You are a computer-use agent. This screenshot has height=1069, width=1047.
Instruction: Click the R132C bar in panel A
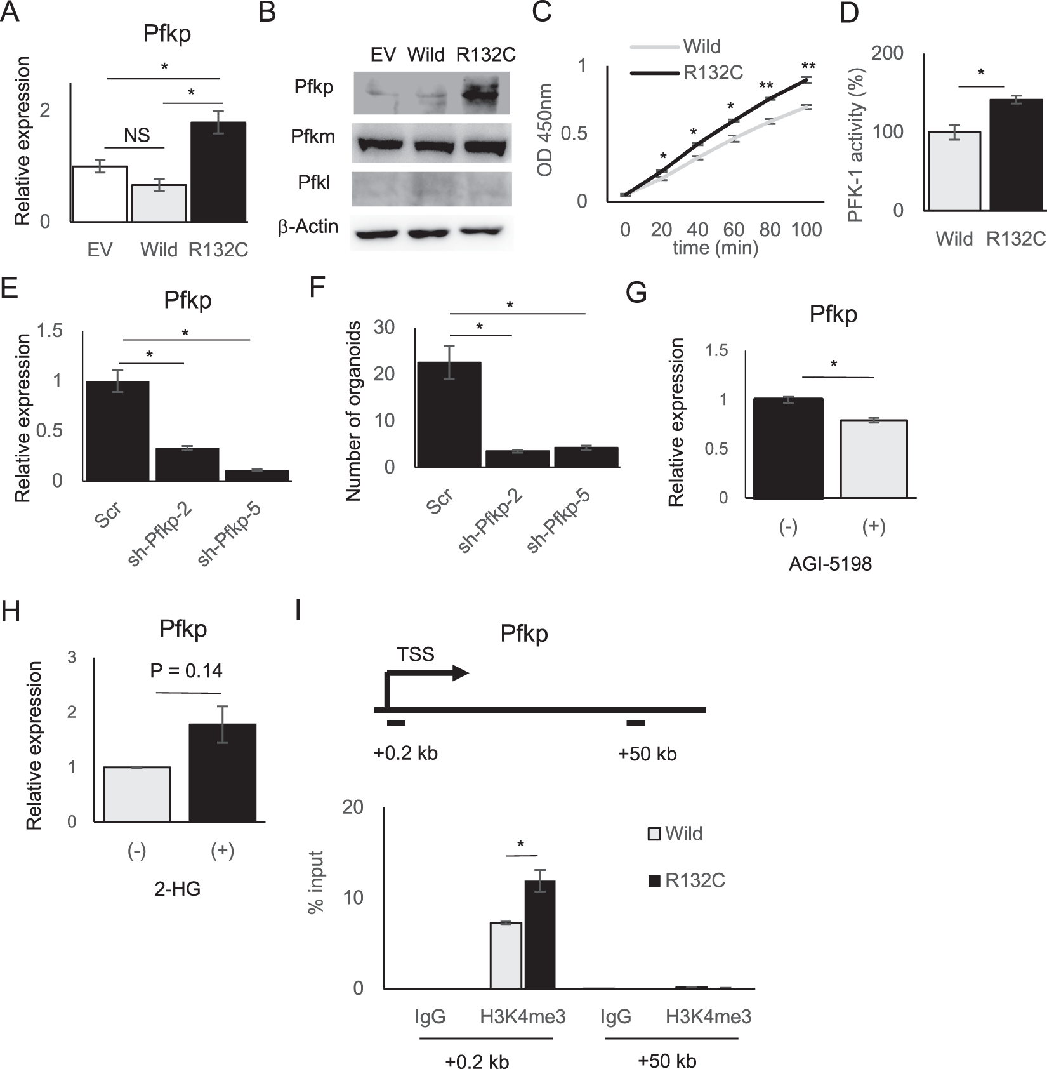tap(218, 172)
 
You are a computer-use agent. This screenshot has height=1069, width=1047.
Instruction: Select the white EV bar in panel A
tap(100, 194)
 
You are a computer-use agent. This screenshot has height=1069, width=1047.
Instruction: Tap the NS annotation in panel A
tap(136, 135)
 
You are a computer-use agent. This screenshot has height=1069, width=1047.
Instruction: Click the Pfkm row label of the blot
tap(313, 136)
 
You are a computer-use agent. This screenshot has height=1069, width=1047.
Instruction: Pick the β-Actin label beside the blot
tap(308, 227)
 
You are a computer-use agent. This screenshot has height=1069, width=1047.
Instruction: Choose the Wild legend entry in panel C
tap(701, 46)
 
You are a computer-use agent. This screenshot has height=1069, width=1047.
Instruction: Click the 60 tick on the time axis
tap(734, 229)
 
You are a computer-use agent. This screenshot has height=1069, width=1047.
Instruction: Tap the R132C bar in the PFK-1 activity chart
tap(1016, 155)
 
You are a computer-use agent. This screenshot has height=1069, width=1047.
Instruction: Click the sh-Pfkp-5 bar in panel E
tap(257, 475)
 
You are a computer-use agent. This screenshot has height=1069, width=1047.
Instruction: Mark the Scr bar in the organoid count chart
tap(449, 415)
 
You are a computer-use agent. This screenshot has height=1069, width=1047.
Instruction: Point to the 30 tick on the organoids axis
tap(385, 327)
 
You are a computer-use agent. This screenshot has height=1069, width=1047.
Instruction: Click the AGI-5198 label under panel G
tap(830, 563)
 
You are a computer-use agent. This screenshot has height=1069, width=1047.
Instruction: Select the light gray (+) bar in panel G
tap(874, 458)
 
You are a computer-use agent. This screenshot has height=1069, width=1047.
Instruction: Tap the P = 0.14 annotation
tap(186, 670)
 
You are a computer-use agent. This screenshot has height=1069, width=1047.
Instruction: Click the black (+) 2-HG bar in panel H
tap(223, 773)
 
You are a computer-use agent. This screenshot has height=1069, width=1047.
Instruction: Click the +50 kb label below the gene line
tap(647, 754)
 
